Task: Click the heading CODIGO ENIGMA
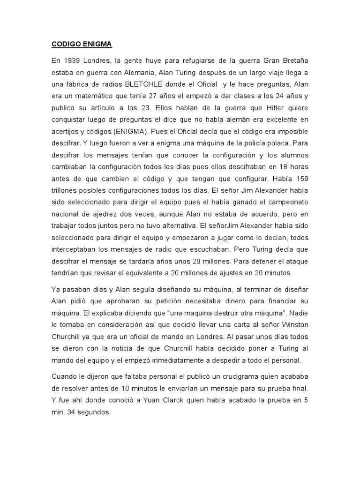(x=82, y=45)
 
